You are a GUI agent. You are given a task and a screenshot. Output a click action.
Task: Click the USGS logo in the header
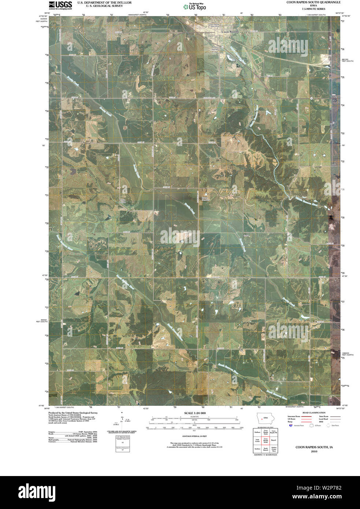[x=60, y=5]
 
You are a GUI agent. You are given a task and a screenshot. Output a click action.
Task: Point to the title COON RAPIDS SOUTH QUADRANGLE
[x=313, y=2]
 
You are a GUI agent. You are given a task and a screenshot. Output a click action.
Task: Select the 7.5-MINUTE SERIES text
[x=313, y=9]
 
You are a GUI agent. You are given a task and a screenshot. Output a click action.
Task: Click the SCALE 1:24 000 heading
[x=195, y=413]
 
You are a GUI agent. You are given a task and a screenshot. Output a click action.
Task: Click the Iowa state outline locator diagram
[x=265, y=418]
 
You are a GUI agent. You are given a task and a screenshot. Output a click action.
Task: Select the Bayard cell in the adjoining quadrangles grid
[x=274, y=441]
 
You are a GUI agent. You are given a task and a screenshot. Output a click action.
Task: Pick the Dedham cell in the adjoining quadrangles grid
[x=257, y=432]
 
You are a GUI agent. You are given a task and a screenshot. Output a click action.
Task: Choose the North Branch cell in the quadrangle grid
[x=266, y=449]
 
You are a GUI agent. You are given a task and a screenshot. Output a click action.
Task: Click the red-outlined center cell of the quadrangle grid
[x=266, y=441]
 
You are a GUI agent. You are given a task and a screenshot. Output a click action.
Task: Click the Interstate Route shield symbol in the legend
[x=290, y=426]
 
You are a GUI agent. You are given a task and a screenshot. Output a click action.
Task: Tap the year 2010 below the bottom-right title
[x=314, y=452]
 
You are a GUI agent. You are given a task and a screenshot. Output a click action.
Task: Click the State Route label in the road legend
[x=324, y=416]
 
